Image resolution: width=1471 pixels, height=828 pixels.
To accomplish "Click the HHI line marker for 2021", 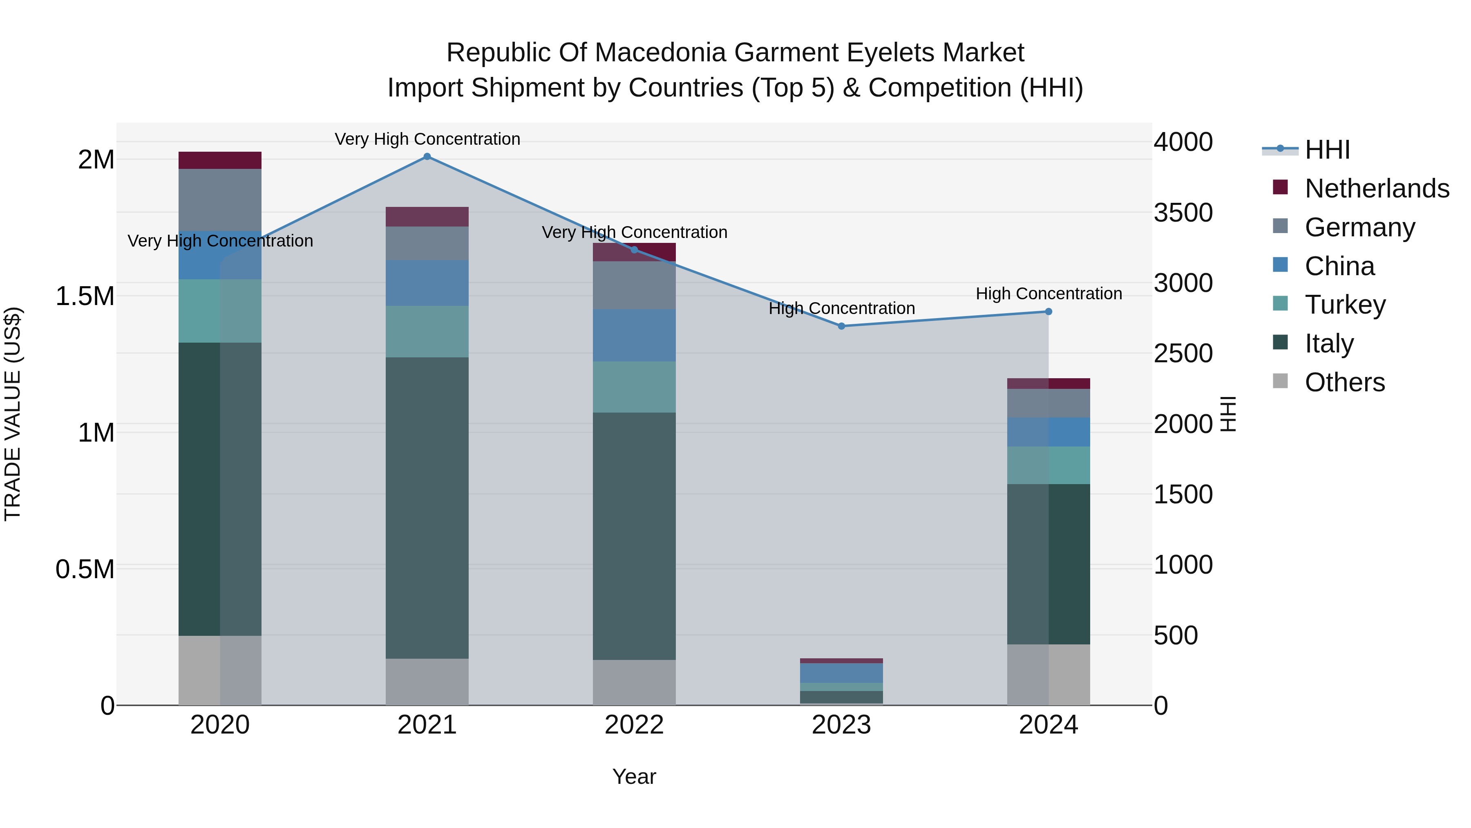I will click(427, 157).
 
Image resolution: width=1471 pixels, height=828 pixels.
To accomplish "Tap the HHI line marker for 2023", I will click(841, 326).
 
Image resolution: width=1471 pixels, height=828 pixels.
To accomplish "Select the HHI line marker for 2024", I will click(1048, 312).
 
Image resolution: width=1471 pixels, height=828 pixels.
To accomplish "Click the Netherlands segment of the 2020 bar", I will click(220, 161).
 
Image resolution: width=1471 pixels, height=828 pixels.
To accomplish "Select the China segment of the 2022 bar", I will click(634, 335).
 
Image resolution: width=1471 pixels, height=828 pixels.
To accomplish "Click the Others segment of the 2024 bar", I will click(1048, 675).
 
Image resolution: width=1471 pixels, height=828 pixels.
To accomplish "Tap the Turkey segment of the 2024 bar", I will click(1048, 465).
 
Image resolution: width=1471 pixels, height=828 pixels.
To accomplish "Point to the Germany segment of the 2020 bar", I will click(220, 200).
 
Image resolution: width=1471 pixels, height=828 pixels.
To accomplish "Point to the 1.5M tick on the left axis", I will click(85, 296).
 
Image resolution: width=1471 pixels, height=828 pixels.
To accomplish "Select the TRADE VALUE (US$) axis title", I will click(13, 414).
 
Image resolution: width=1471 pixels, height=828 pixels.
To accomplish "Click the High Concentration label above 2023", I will click(841, 309).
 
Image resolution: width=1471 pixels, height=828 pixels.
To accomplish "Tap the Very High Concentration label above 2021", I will click(427, 139).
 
